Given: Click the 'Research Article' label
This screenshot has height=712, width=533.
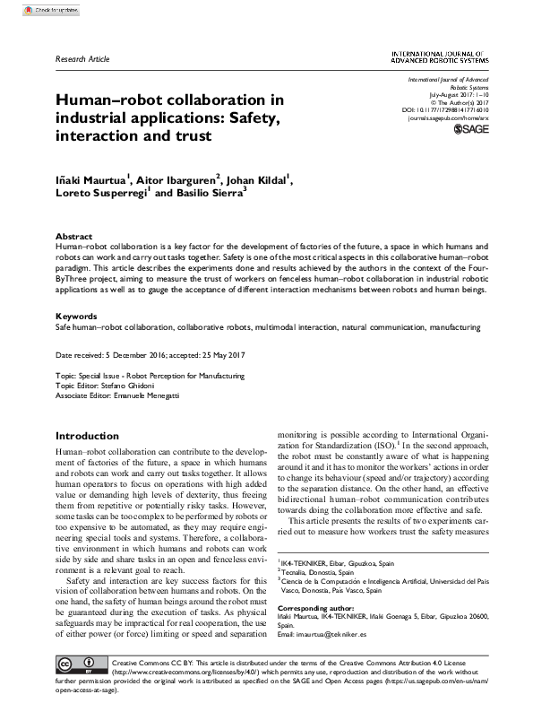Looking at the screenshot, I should click(x=82, y=59).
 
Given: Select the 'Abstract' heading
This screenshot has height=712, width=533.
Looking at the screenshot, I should click(x=73, y=237).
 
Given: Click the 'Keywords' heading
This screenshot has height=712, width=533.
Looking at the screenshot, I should click(x=76, y=317).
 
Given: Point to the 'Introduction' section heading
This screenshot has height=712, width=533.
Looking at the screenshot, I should click(x=87, y=435).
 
